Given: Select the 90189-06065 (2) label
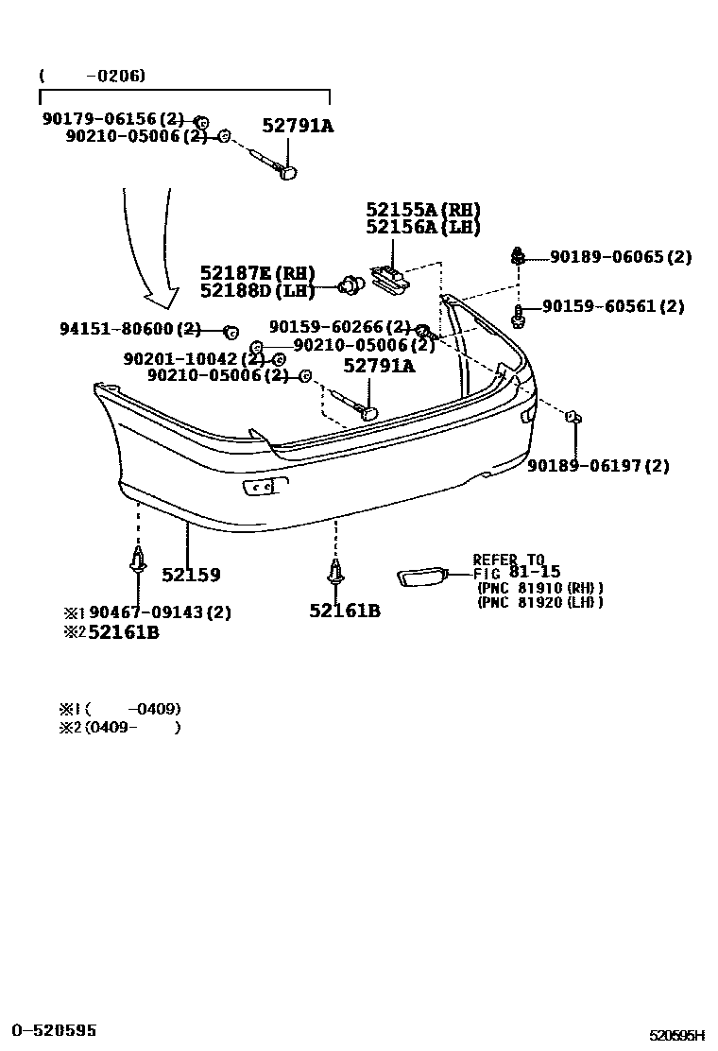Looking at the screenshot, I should tap(621, 257).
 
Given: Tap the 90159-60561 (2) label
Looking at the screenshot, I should tap(613, 306).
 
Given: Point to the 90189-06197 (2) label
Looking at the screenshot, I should tap(598, 465).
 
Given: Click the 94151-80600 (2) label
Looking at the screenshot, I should tap(130, 329).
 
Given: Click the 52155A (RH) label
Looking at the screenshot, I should tap(423, 210).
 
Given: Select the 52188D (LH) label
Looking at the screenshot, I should tap(257, 290).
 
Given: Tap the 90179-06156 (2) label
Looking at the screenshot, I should tap(112, 119).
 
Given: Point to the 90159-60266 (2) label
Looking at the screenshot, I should tap(339, 327).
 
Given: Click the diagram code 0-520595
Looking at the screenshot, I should tap(54, 1030).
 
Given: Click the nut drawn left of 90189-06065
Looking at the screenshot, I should tap(518, 255).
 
